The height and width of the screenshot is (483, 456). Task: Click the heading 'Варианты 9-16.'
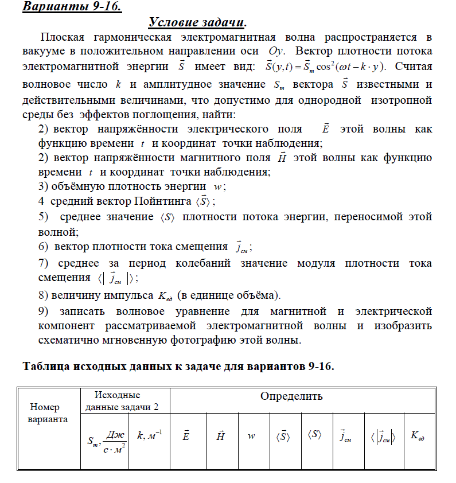[x=72, y=7]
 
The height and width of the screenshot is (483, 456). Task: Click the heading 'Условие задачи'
[x=197, y=23]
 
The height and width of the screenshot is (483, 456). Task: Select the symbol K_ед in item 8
[x=163, y=295]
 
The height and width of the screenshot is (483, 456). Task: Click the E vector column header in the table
[x=186, y=436]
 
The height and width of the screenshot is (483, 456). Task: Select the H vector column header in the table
[x=219, y=436]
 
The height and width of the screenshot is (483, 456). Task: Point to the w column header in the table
[x=251, y=437]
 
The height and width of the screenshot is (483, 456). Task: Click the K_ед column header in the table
[x=418, y=436]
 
